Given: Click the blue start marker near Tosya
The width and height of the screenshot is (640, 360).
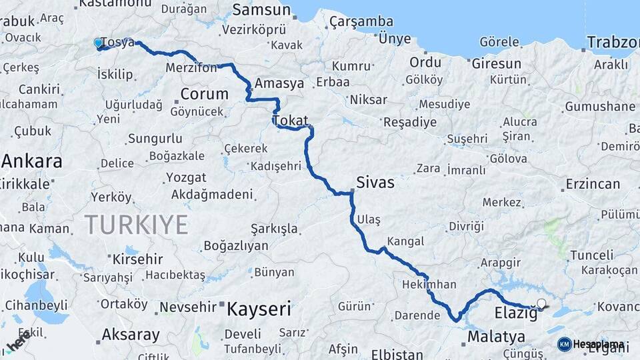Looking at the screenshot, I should [x=99, y=43].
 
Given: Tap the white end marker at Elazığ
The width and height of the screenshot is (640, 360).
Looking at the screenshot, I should [x=541, y=304].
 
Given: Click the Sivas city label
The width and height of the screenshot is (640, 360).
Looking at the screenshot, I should [x=375, y=182].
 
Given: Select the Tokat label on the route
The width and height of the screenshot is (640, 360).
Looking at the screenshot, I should [x=291, y=121].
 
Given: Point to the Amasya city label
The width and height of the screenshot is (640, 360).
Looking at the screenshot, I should [x=279, y=83].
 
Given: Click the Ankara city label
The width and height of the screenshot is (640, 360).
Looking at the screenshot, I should [x=32, y=161].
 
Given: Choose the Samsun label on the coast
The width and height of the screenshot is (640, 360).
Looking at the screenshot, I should [x=261, y=10].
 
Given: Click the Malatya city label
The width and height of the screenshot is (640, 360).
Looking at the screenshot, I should [x=496, y=337].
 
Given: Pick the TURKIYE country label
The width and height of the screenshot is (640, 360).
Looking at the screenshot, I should [x=136, y=225].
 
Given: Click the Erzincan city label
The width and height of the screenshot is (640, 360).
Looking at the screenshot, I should [x=593, y=183].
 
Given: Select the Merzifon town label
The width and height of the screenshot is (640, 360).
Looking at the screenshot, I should [x=191, y=68].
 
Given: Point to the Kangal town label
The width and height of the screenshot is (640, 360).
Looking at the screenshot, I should [x=405, y=240].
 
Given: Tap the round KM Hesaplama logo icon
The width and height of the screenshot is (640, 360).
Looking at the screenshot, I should [x=565, y=344].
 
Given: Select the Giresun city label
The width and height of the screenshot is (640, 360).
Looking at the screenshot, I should [x=496, y=64].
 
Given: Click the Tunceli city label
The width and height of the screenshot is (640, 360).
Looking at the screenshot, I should [x=591, y=255].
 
